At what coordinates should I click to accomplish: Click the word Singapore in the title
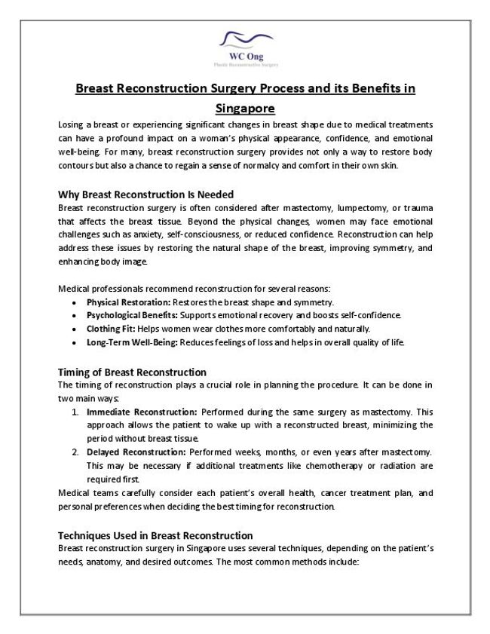tap(245, 108)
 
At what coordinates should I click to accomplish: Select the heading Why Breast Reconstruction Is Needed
tap(146, 194)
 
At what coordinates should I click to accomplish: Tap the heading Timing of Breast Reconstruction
tap(132, 372)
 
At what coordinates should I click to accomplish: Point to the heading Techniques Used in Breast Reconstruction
tap(155, 535)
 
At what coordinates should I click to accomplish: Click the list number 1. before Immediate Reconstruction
tap(76, 412)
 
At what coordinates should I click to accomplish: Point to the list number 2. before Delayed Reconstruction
tap(76, 452)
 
